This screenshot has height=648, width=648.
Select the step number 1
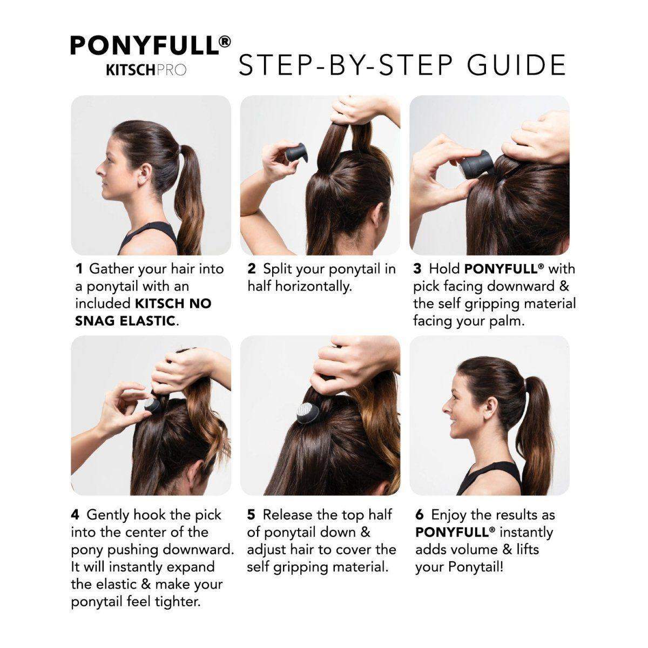tap(79, 269)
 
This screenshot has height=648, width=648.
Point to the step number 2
tap(252, 269)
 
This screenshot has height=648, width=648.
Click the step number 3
tap(417, 269)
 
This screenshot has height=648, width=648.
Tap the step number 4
tap(75, 515)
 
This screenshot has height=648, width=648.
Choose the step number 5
tap(252, 515)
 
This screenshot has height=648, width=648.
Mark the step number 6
tap(420, 515)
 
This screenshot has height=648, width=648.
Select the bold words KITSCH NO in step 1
tap(173, 303)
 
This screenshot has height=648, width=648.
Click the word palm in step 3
tap(509, 321)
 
